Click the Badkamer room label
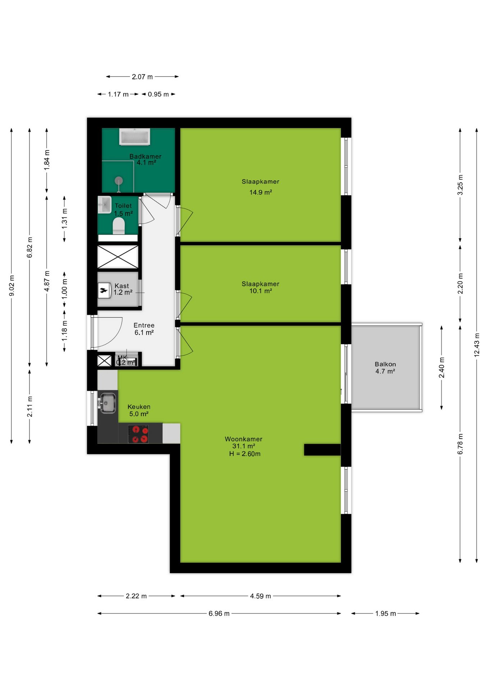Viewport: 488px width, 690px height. point(145,156)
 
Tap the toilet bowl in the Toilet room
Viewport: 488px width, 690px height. point(119,226)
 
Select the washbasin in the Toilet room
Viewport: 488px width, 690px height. point(104,205)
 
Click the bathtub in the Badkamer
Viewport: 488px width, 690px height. point(135,137)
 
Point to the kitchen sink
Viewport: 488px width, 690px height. point(107,403)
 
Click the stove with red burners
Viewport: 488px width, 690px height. point(138,433)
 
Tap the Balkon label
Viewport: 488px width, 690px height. point(385,364)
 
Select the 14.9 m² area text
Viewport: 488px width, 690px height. point(261,192)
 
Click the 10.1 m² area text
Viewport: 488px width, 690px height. point(261,291)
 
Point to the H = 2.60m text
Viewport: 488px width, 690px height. point(245,454)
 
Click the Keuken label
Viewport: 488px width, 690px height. point(139,407)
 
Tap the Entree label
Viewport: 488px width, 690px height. point(144,325)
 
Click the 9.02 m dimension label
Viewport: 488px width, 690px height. point(11,286)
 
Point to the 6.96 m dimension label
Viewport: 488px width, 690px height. point(219,613)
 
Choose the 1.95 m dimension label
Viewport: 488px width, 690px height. point(385,613)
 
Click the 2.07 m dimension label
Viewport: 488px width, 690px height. point(142,77)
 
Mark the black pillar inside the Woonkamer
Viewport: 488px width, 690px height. point(322,450)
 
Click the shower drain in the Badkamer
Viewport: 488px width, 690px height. point(119,180)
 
